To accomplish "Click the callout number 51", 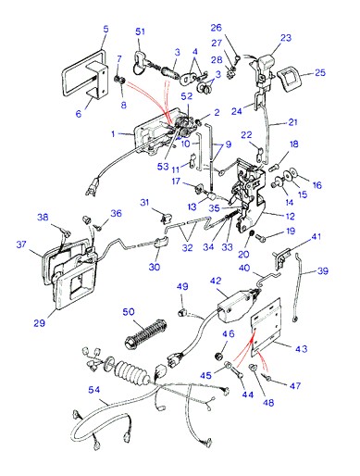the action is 140,31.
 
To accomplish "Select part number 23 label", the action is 286,38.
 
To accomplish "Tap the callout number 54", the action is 94,390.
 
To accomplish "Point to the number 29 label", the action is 39,323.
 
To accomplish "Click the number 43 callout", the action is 301,349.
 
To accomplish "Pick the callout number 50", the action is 129,312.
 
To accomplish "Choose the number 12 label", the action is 290,216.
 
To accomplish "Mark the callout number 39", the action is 323,270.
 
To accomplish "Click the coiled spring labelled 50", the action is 145,334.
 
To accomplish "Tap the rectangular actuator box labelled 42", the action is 236,306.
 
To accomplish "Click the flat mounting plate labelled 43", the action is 266,327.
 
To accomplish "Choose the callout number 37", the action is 21,244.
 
